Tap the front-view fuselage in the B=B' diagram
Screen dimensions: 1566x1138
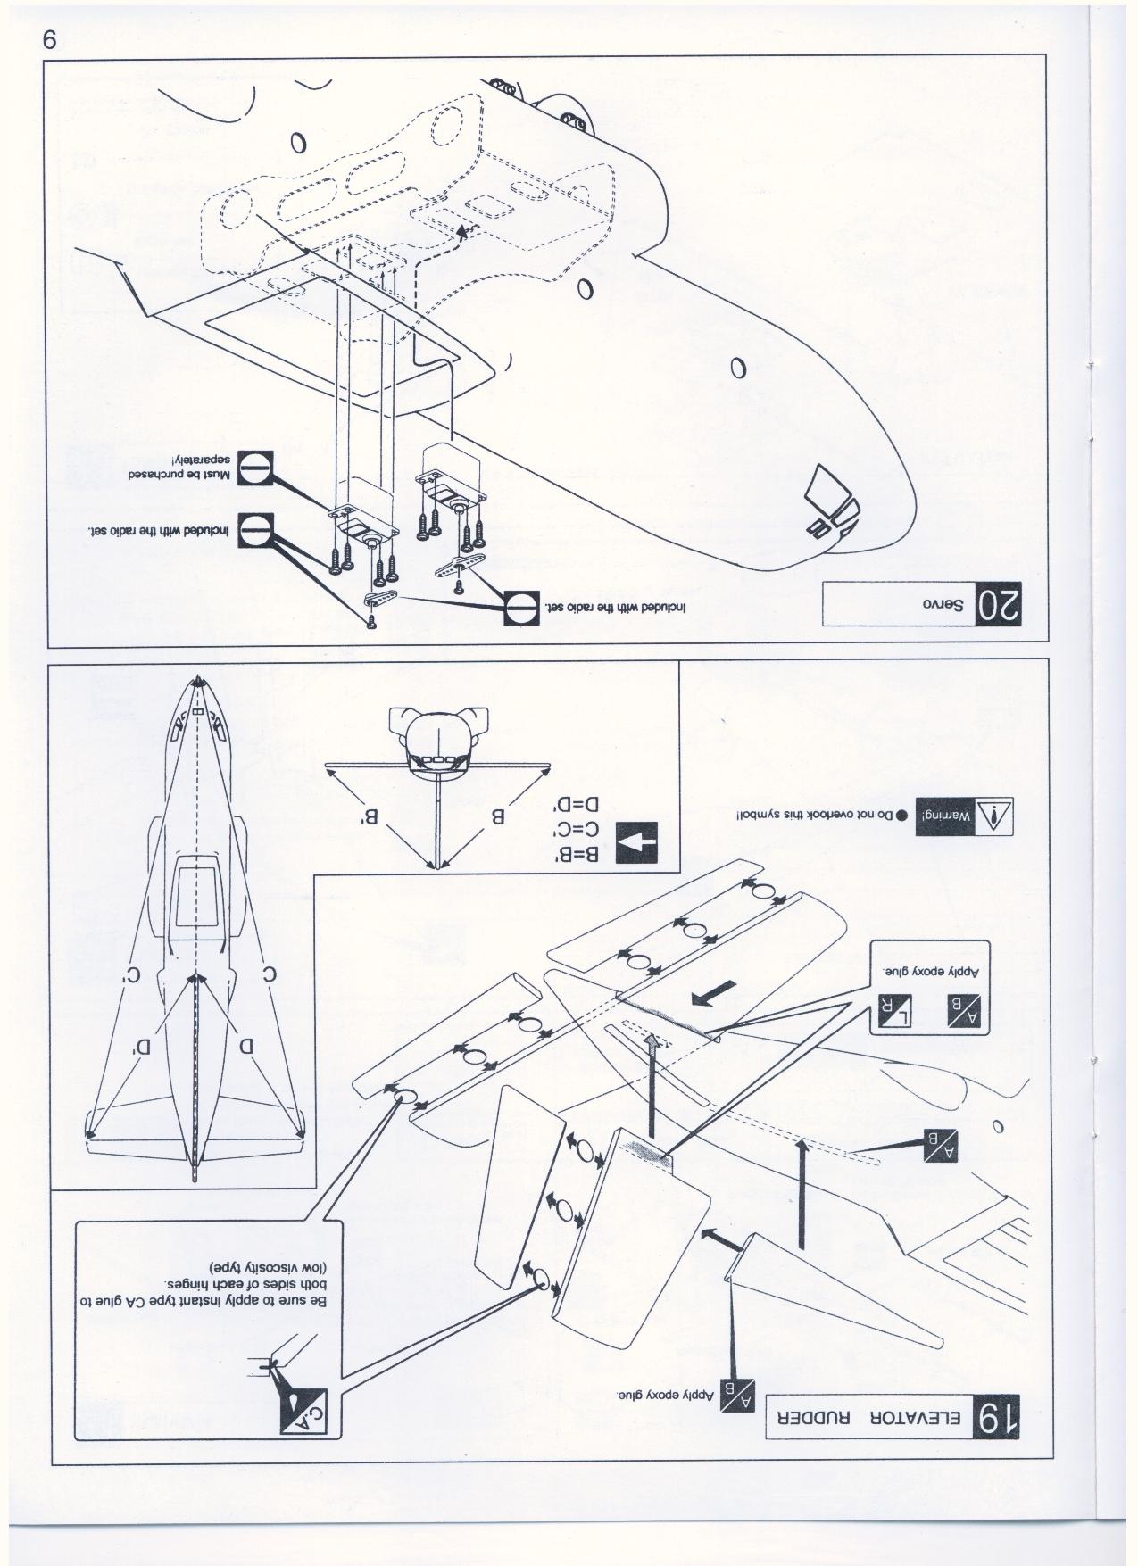[x=436, y=740]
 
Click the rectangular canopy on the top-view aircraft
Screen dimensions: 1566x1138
[x=196, y=900]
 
